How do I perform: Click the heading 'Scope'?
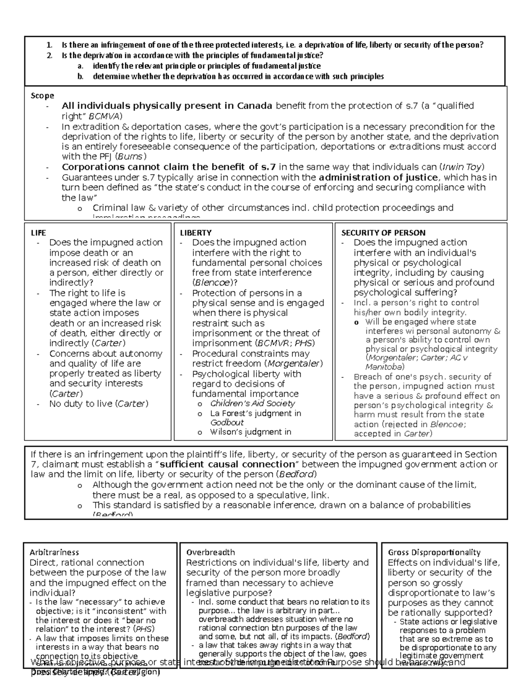42,95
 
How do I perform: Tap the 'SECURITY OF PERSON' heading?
383,233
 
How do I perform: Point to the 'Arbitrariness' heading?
54,552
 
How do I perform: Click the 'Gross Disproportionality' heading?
434,552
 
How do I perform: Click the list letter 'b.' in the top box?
80,76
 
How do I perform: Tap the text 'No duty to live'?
81,404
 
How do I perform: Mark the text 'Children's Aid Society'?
252,403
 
